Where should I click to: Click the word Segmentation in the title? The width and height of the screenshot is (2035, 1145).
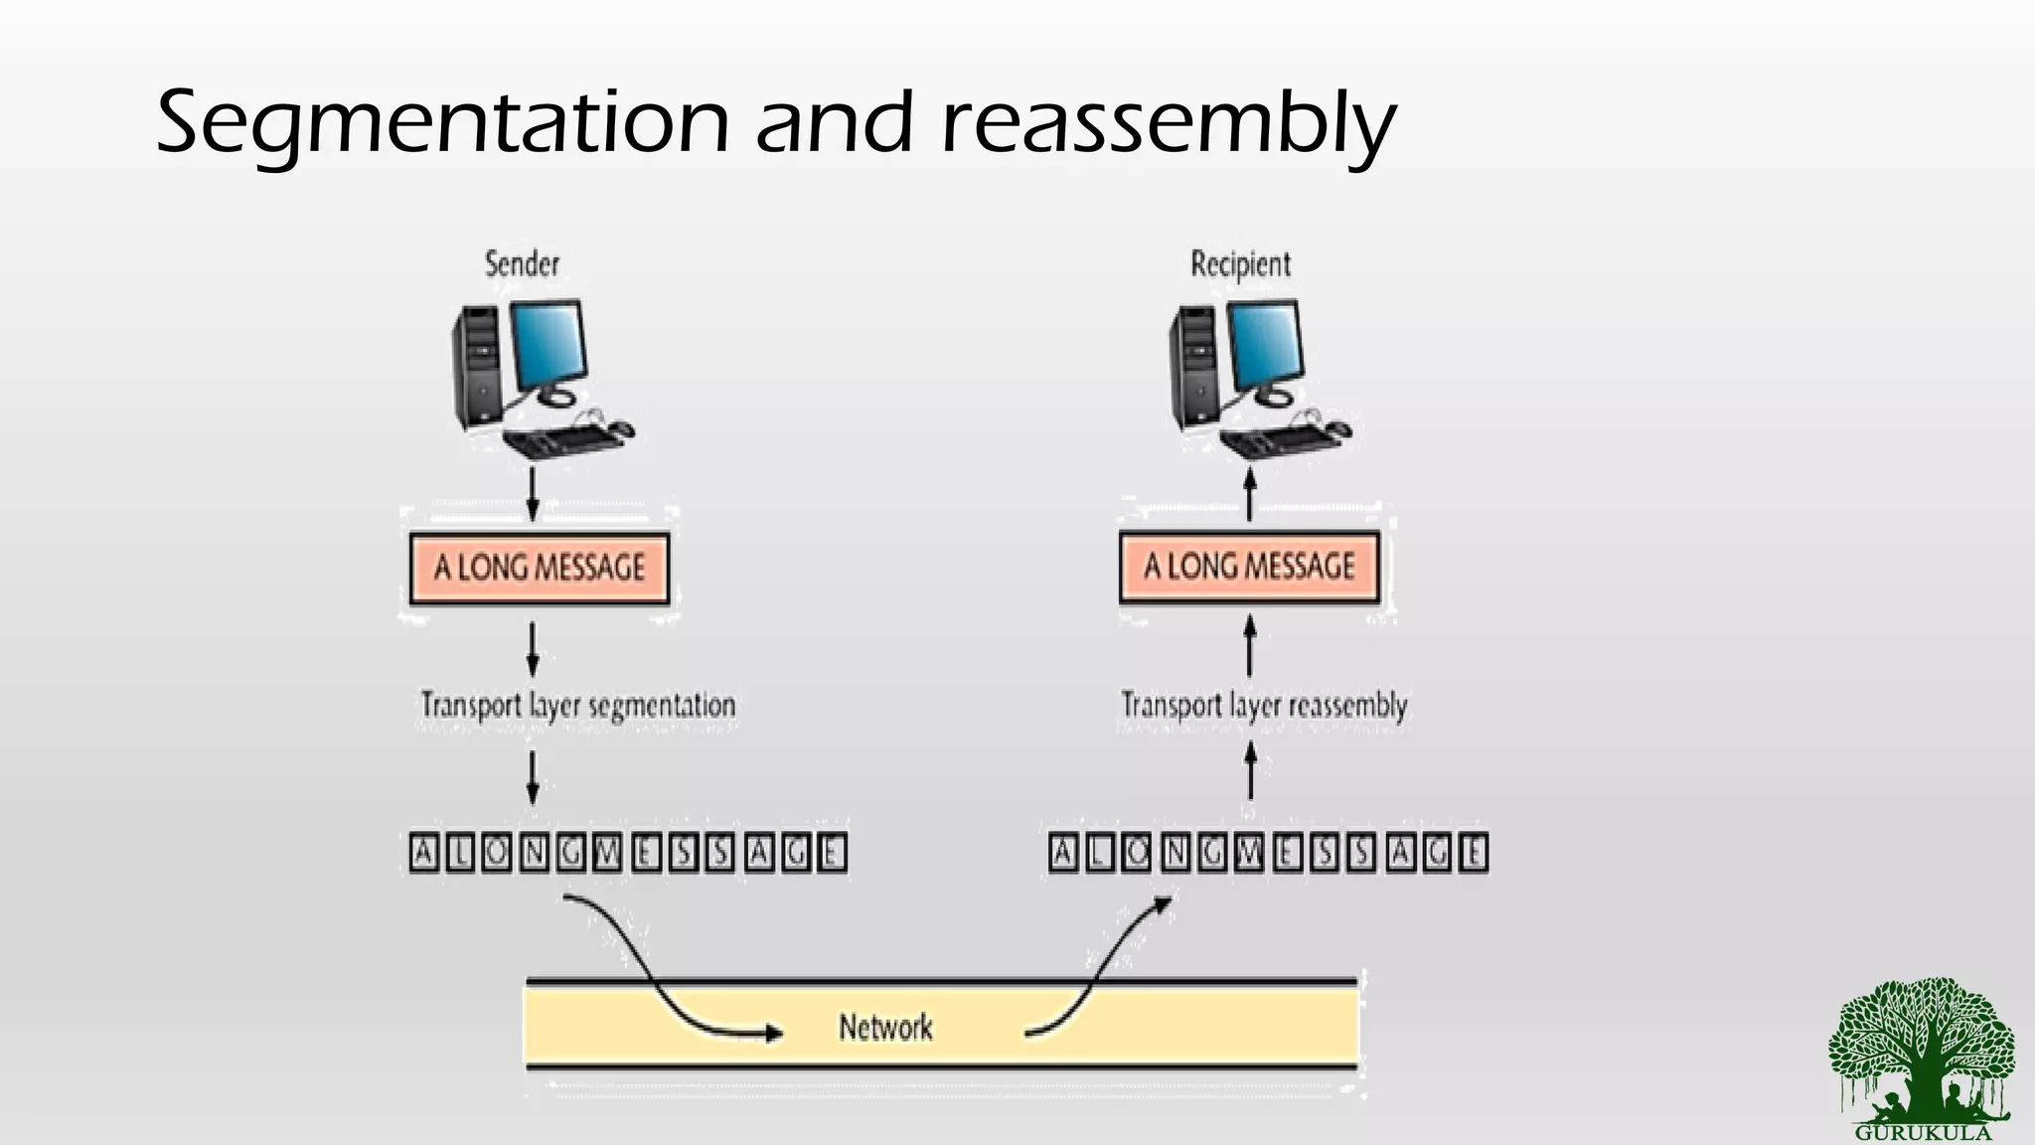coord(442,124)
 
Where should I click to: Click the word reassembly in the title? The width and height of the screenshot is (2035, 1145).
coord(1168,124)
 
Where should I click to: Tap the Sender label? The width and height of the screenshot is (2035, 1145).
coord(522,264)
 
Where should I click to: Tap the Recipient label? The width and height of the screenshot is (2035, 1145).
coord(1240,264)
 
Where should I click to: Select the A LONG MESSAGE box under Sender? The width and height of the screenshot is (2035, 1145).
coord(540,569)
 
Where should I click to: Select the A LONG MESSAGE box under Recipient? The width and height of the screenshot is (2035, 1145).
coord(1249,568)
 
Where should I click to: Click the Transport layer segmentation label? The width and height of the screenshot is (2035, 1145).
coord(577,706)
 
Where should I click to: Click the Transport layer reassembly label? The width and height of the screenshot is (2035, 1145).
coord(1264,706)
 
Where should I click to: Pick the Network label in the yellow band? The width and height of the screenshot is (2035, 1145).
coord(885,1027)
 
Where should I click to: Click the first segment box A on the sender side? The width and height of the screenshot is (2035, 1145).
coord(424,854)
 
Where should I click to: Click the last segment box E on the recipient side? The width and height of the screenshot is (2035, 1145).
coord(1473,854)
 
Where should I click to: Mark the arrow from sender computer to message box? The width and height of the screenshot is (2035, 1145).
coord(533,494)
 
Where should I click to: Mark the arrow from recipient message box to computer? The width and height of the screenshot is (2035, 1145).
coord(1250,494)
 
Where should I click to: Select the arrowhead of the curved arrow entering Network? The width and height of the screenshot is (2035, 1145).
coord(773,1034)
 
